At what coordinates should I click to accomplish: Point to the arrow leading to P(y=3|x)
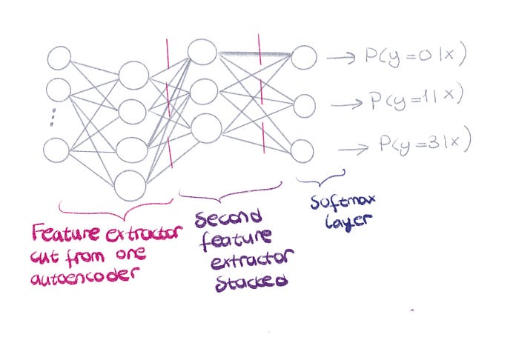click(x=353, y=150)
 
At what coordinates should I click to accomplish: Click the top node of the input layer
click(x=59, y=59)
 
